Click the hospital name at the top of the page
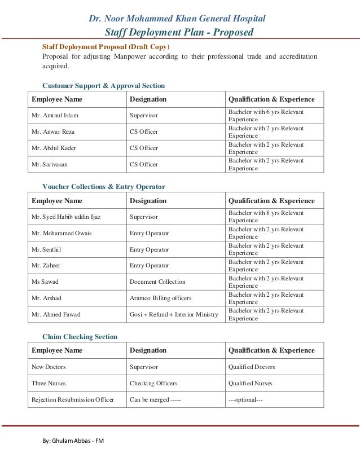point(177,19)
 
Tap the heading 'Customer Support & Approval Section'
point(104,86)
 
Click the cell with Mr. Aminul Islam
point(55,116)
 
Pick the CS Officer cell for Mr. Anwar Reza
point(144,132)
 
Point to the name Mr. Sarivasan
point(52,164)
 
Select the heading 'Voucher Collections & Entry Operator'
point(104,187)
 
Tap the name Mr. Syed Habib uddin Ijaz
point(70,217)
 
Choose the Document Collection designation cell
point(157,282)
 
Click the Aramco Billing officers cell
point(160,298)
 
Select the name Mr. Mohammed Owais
point(62,233)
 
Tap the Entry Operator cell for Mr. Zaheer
point(149,265)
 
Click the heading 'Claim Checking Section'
point(80,337)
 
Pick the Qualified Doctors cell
point(252,367)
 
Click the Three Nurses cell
point(49,383)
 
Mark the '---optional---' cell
point(245,400)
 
